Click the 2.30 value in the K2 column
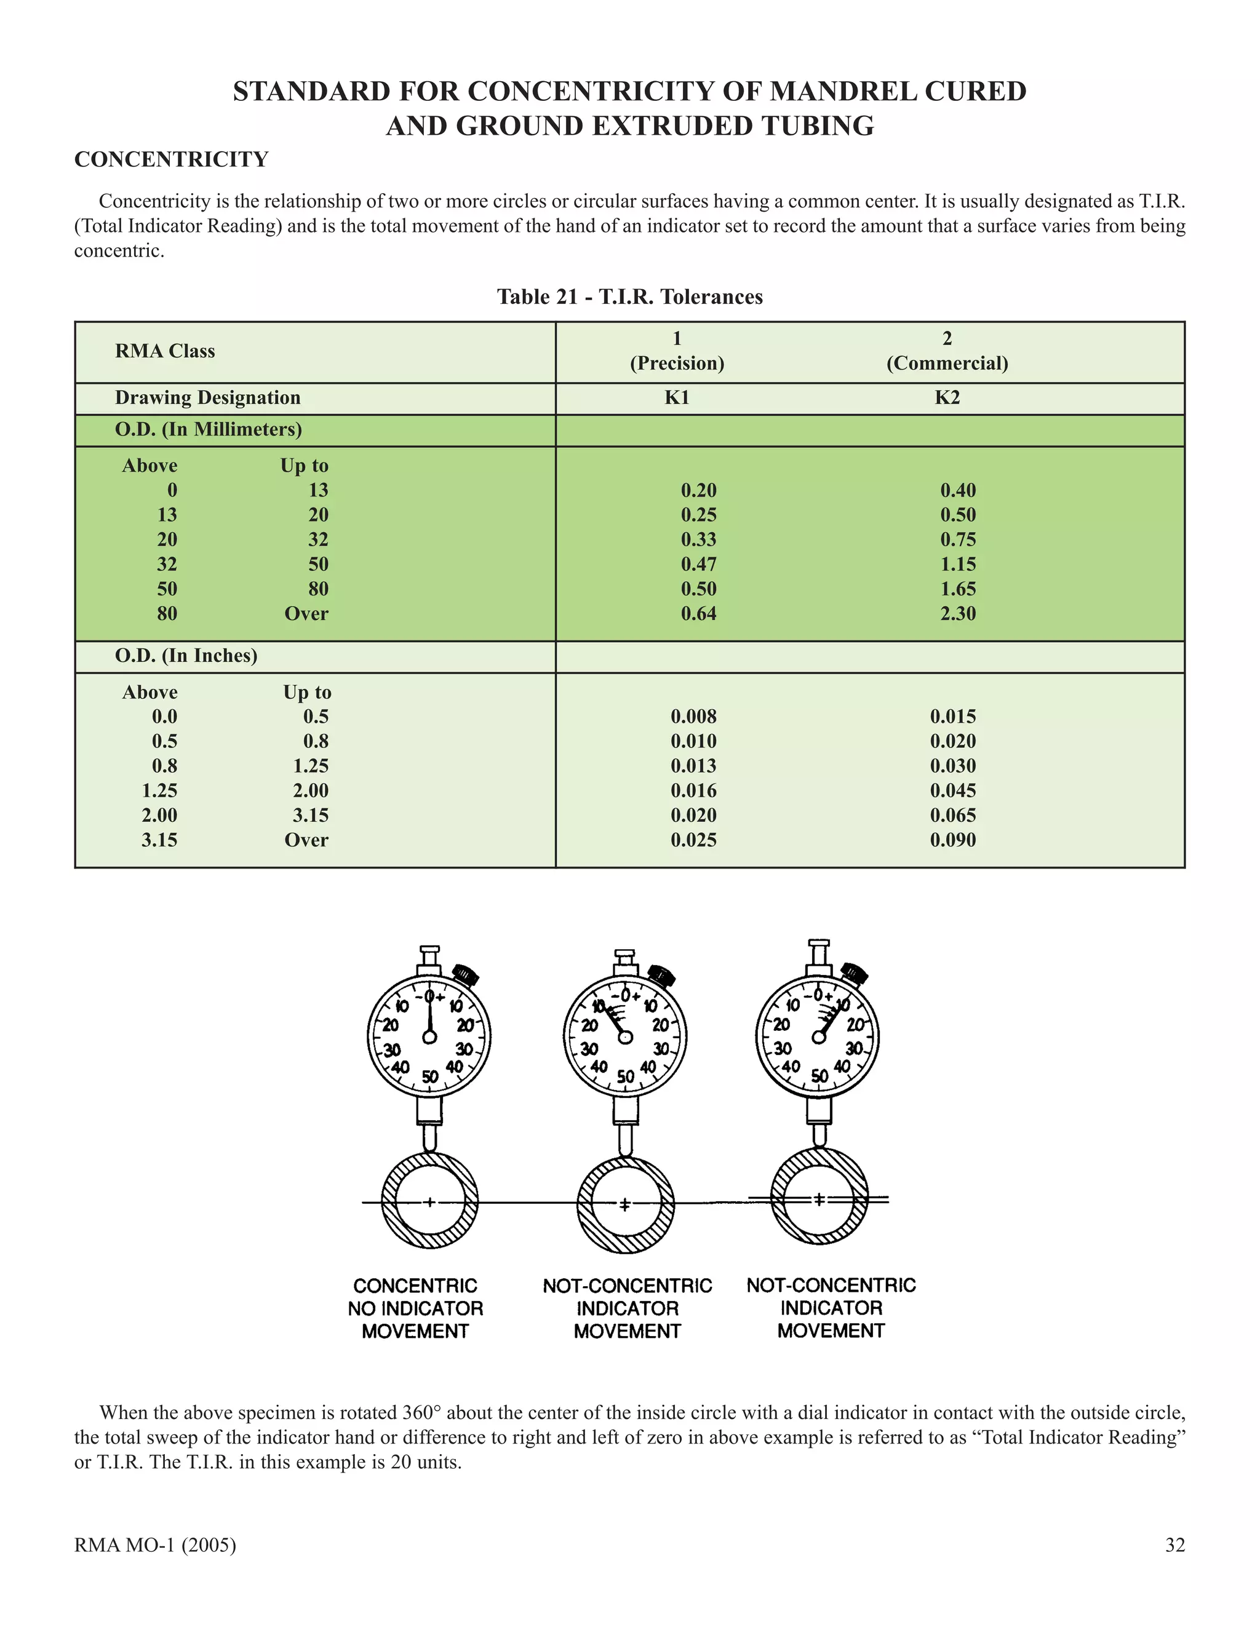(958, 613)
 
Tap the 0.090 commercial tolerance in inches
(952, 840)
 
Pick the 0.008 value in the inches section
(693, 717)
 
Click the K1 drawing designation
(677, 398)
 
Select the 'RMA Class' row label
(165, 351)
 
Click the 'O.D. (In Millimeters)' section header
(209, 430)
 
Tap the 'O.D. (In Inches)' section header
(186, 655)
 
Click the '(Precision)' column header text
(677, 364)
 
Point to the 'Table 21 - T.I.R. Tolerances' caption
(630, 297)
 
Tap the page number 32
(1175, 1545)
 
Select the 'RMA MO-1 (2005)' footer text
(155, 1545)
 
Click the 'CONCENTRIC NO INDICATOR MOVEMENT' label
(415, 1308)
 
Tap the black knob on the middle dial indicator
(661, 975)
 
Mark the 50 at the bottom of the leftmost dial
(430, 1076)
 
